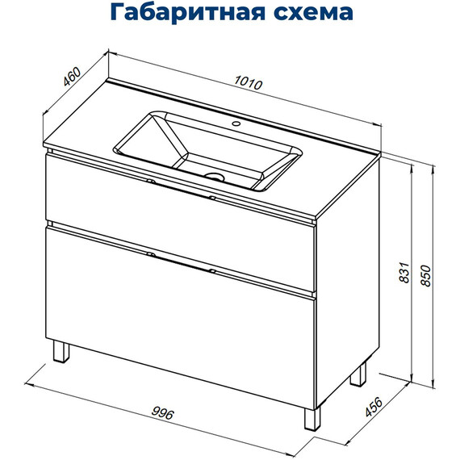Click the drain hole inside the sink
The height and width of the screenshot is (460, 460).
[x=215, y=175]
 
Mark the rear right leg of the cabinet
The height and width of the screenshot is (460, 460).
[x=360, y=374]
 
